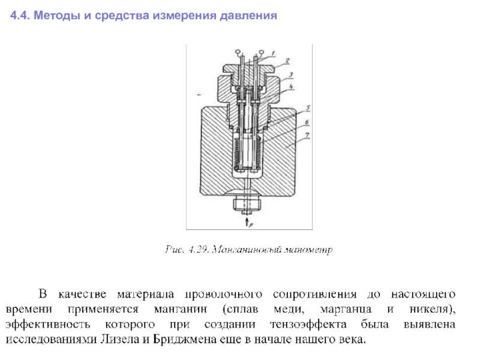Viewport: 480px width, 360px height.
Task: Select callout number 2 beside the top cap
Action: (x=287, y=61)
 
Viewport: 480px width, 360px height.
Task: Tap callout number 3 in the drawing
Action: (x=290, y=75)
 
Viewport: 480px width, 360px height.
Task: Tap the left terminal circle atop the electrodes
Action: (x=238, y=52)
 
